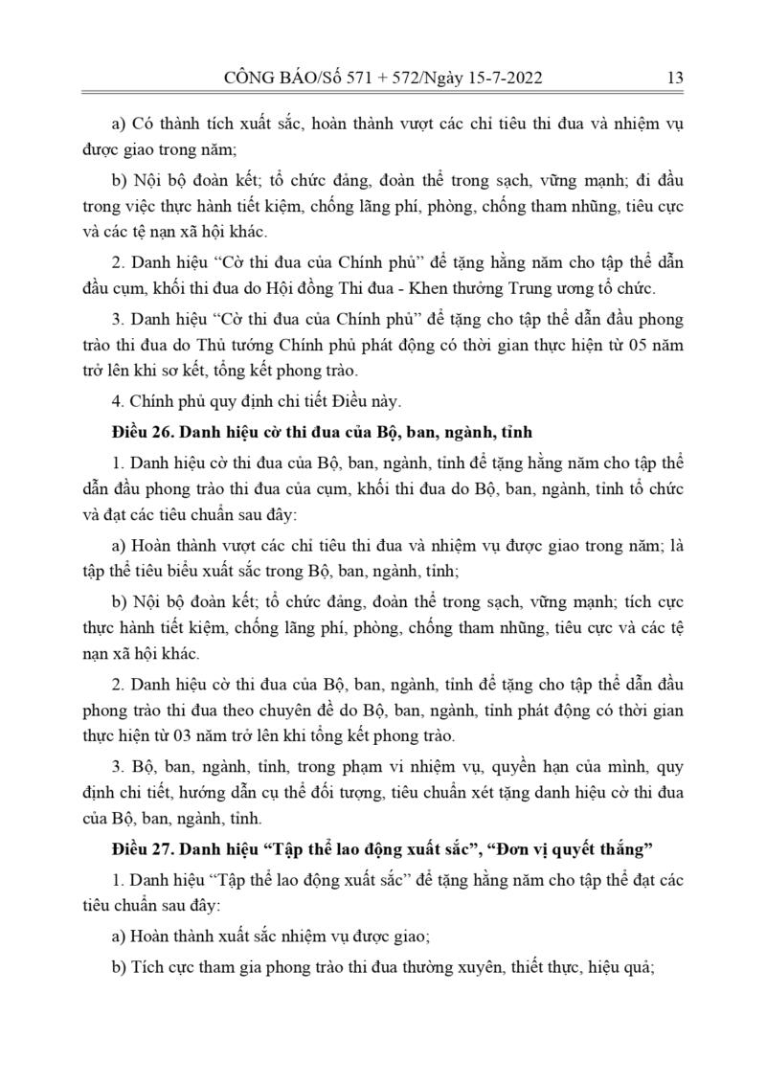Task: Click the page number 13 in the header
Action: click(x=674, y=79)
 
